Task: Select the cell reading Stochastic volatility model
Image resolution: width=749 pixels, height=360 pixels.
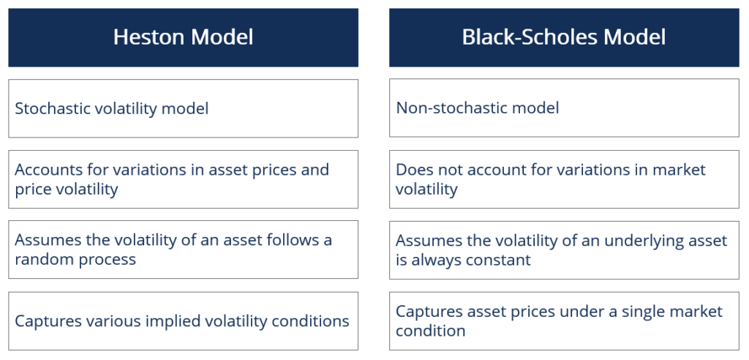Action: click(183, 108)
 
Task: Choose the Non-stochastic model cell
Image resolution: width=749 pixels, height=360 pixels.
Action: click(563, 108)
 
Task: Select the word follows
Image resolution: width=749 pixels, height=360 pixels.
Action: click(299, 241)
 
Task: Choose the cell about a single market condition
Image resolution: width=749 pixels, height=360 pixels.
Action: click(563, 320)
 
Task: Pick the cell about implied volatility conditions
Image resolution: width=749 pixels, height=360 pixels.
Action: click(183, 320)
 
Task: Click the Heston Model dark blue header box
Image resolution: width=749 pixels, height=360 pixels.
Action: click(183, 37)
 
